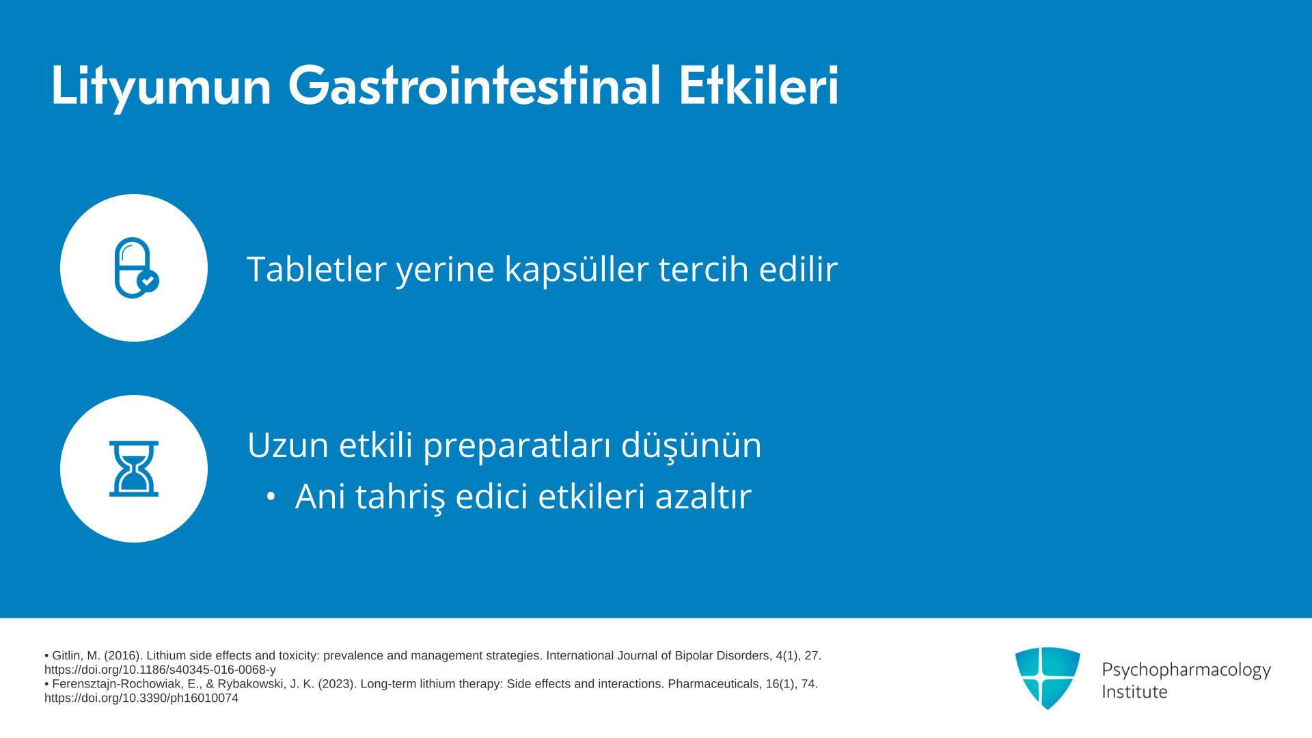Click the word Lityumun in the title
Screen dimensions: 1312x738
tap(161, 86)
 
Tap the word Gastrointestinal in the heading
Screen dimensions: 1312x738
tap(474, 86)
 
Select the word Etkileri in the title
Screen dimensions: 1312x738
tap(758, 86)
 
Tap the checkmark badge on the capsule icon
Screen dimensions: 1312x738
tap(148, 281)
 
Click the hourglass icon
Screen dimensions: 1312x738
tap(134, 469)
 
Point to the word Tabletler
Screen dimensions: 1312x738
tap(316, 269)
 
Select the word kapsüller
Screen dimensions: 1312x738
tap(577, 269)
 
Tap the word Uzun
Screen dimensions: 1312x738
tap(288, 445)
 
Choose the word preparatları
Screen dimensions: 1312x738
tap(517, 446)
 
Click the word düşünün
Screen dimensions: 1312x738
tap(691, 446)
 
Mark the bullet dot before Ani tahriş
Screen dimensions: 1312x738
tap(271, 497)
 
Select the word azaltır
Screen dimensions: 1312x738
tap(703, 496)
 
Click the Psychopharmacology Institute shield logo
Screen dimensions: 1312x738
tap(1048, 678)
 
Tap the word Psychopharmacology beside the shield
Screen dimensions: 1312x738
tap(1186, 670)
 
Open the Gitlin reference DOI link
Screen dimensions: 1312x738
tap(160, 670)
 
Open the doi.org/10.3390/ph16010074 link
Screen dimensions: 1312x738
tap(141, 698)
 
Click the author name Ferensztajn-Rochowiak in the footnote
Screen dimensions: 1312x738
tap(118, 684)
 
